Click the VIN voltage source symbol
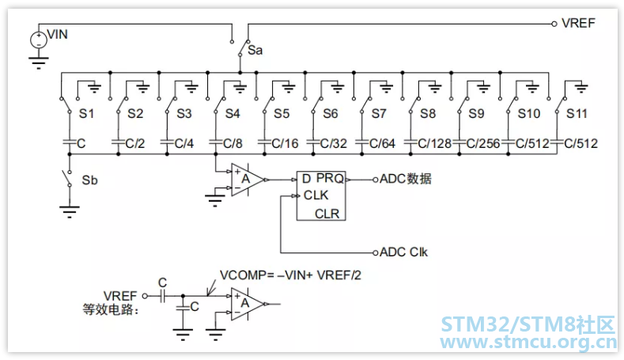39,40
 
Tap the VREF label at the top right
578,23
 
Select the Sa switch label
255,50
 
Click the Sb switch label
89,180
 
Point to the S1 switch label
86,113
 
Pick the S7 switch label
379,113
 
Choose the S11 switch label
577,113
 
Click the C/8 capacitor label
233,143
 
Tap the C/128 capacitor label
434,143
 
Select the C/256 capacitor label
483,143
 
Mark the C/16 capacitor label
285,143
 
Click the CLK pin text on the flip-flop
316,195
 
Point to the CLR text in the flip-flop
327,214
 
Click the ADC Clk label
403,252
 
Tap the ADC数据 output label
406,179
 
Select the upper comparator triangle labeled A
247,180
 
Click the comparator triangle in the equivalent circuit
247,305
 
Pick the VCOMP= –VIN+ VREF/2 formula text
290,275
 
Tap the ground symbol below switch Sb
70,212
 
